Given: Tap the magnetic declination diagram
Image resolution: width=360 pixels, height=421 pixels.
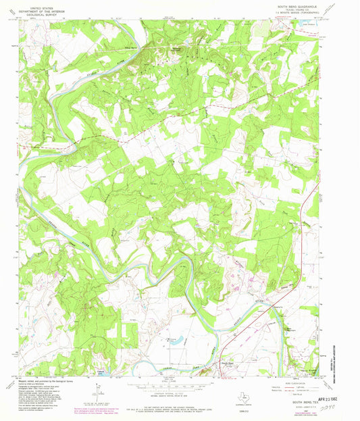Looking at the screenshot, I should click(x=99, y=390).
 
